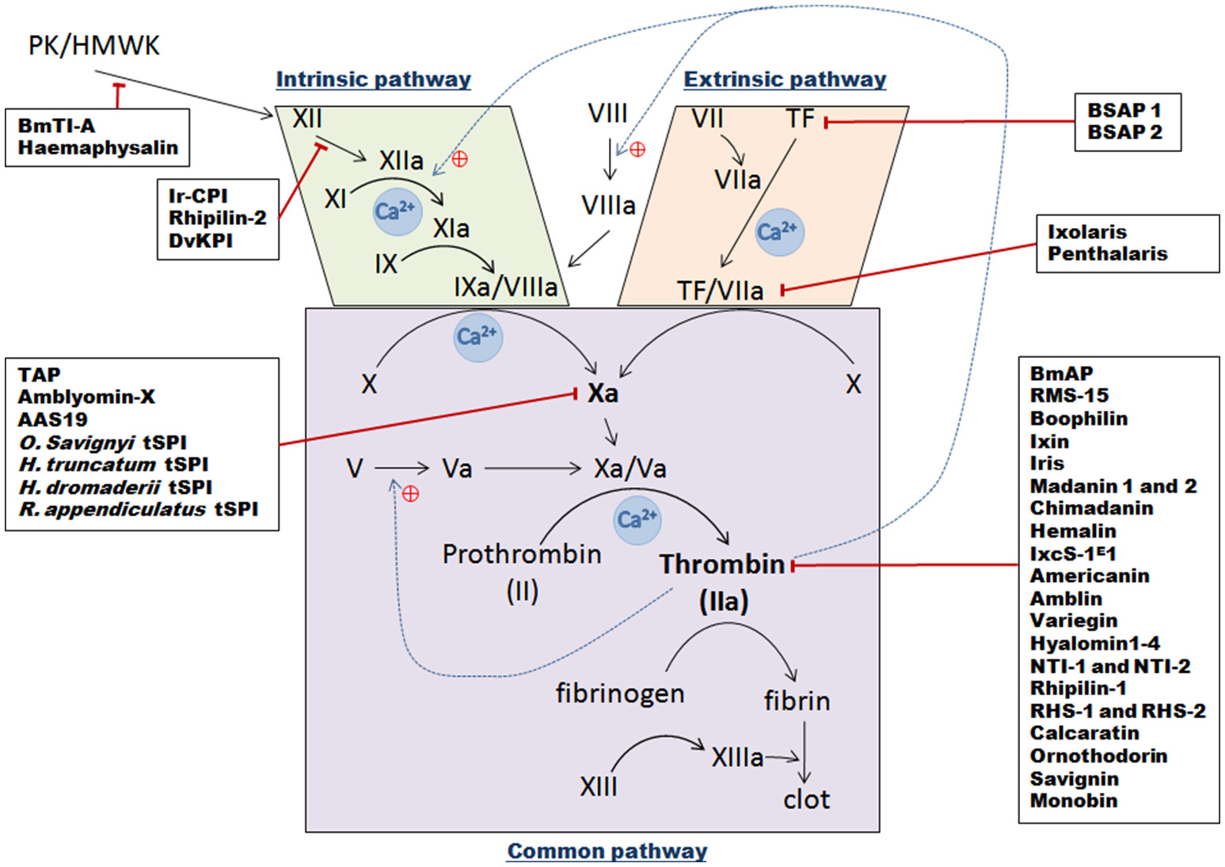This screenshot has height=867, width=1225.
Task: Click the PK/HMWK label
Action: pos(93,45)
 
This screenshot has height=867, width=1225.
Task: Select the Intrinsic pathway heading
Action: pos(373,79)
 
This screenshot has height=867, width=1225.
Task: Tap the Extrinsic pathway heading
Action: pos(784,79)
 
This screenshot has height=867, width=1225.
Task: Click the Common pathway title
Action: pos(607,851)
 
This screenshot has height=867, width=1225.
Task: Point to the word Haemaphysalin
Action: pos(97,147)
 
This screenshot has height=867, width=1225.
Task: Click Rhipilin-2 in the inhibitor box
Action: pos(217,218)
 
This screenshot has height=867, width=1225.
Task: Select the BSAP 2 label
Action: pos(1124,132)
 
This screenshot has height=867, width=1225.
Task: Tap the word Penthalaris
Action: pos(1107,253)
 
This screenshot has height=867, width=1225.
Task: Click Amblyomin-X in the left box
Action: pos(86,397)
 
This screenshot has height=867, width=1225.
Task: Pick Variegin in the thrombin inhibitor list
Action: pos(1073,621)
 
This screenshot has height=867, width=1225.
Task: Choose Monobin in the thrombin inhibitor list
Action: pos(1073,800)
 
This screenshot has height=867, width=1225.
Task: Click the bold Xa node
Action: pos(603,394)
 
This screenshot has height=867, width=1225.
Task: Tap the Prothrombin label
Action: pos(522,554)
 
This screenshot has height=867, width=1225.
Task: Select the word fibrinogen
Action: pos(619,694)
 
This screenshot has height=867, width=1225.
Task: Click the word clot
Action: pos(806,800)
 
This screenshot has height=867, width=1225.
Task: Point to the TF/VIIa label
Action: pos(720,291)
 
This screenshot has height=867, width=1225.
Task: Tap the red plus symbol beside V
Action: pos(410,494)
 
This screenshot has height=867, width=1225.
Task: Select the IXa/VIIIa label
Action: pos(505,287)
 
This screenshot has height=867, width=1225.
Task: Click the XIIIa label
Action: pos(736,758)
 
